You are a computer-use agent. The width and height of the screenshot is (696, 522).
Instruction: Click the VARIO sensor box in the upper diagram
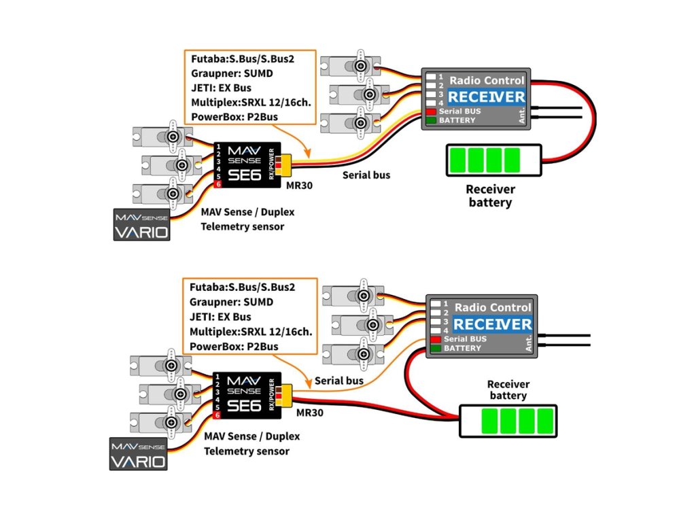(141, 225)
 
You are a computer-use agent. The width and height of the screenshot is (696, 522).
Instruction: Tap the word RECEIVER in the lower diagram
(492, 324)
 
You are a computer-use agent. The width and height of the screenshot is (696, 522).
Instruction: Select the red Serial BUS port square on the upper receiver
(431, 111)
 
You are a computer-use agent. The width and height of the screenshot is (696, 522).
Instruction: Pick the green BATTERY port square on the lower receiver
(436, 348)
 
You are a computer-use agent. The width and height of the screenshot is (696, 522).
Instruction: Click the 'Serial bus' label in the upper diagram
(366, 175)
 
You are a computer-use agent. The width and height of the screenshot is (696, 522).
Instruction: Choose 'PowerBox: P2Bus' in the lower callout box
(234, 347)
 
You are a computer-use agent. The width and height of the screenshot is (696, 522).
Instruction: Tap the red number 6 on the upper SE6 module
(218, 184)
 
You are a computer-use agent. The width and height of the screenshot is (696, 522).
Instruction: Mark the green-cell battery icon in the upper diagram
(493, 160)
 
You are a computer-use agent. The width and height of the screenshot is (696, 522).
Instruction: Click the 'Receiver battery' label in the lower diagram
(508, 390)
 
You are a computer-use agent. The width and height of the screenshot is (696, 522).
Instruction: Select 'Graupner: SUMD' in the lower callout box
(231, 302)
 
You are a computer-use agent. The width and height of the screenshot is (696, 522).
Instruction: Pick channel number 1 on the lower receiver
(446, 304)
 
